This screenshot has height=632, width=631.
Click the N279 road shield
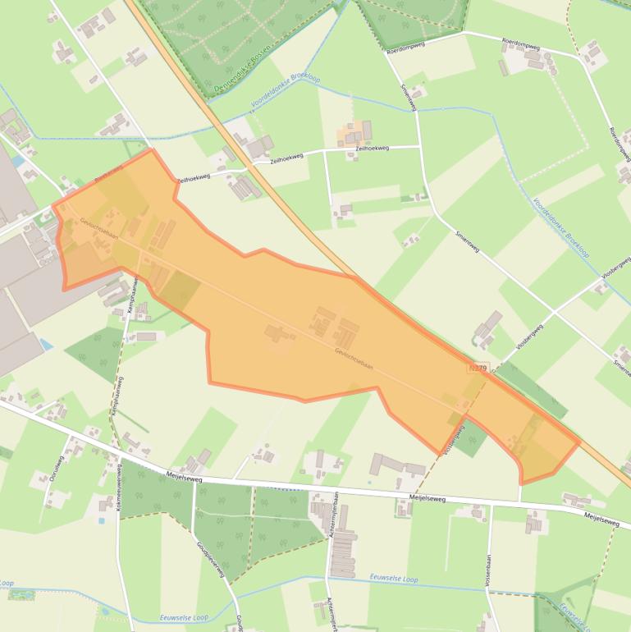(478, 369)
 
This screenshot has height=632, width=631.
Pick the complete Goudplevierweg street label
(211, 558)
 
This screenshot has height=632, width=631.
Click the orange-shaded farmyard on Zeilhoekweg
(354, 131)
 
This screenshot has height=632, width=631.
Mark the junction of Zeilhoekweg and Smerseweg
(420, 147)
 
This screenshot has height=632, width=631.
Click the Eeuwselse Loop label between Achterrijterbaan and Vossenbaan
(394, 579)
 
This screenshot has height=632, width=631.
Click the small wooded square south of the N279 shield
(471, 437)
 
